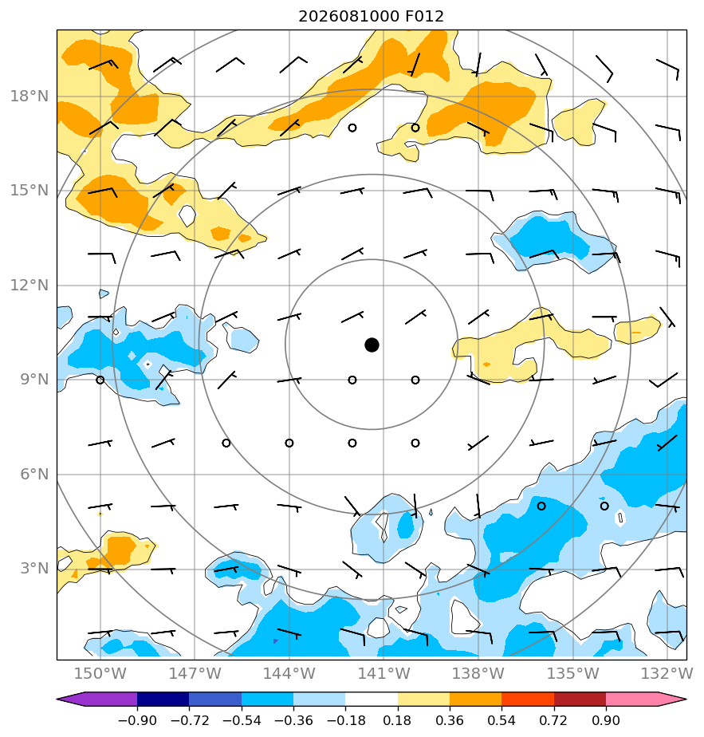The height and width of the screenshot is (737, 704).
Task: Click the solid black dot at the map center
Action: pos(372,345)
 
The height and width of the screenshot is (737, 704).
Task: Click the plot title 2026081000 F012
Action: pos(371,17)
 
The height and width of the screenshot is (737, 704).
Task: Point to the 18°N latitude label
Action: pos(29,97)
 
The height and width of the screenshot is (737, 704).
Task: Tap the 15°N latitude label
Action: pos(29,191)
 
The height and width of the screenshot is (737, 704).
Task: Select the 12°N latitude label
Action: pos(29,285)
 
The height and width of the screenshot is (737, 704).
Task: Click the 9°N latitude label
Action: pos(34,380)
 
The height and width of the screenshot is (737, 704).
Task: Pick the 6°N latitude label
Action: pos(34,474)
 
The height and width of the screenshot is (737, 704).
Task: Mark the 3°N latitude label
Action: pos(34,568)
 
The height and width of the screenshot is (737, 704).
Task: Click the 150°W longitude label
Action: pos(100,673)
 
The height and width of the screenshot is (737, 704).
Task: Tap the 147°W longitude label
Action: pos(195,673)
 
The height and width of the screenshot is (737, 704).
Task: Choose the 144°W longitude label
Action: pos(289,673)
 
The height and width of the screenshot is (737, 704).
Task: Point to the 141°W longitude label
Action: pos(384,673)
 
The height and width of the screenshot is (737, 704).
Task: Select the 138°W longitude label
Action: pos(478,673)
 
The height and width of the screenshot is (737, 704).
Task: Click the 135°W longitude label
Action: pos(573,673)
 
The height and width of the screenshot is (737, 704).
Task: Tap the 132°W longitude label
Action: pos(667,673)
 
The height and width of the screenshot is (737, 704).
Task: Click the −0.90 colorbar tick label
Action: pos(137,720)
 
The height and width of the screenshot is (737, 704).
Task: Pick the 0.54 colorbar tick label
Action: pos(501,720)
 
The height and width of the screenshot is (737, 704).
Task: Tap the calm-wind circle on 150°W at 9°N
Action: pos(100,380)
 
